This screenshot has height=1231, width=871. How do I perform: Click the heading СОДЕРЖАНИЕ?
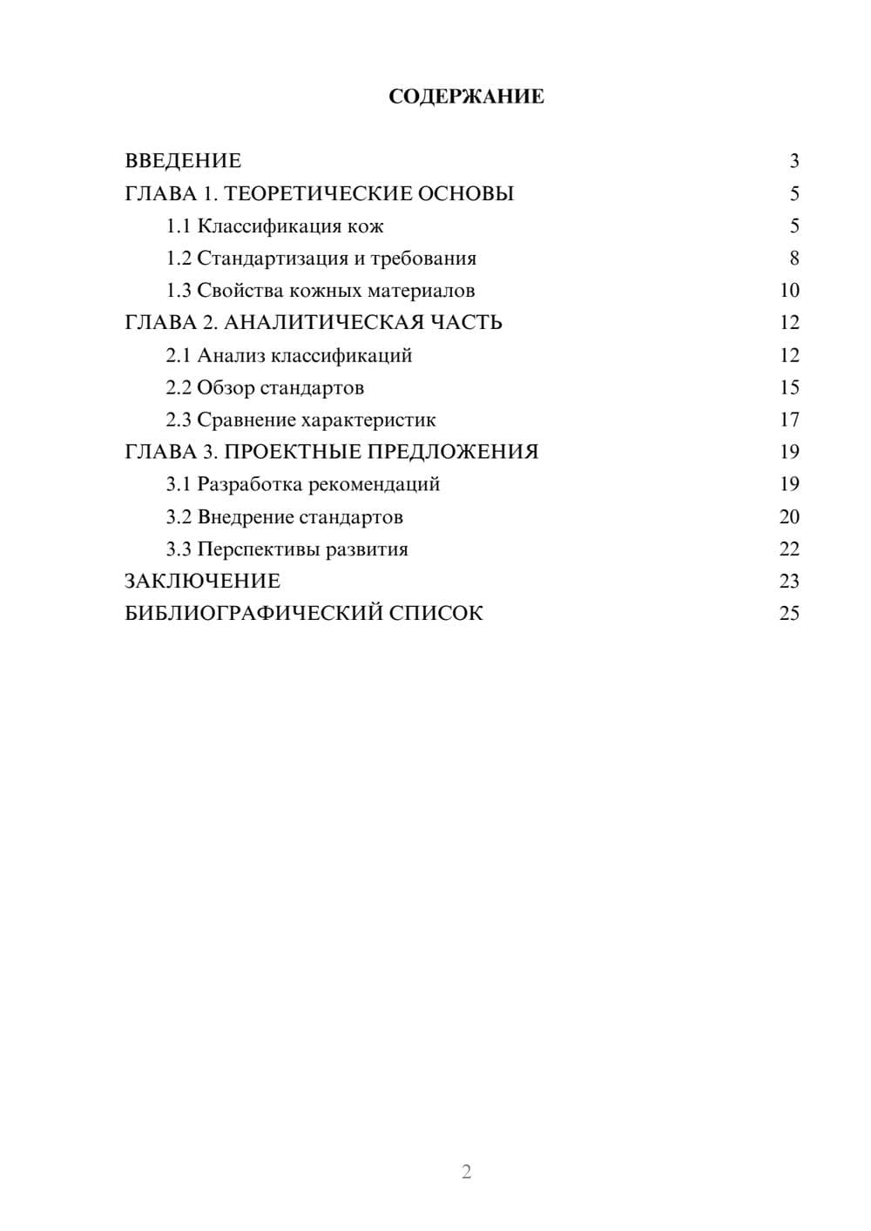[x=466, y=97]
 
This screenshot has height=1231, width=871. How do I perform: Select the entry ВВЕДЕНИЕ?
[x=183, y=161]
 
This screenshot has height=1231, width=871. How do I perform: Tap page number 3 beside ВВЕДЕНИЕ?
[x=793, y=161]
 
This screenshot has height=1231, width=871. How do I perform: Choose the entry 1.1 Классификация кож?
[x=274, y=226]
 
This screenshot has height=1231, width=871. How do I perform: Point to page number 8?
[x=793, y=259]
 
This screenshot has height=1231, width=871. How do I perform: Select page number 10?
[x=789, y=291]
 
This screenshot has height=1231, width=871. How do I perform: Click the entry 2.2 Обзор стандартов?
[x=265, y=387]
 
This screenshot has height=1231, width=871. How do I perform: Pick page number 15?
[x=789, y=387]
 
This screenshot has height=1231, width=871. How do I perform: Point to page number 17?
[x=789, y=420]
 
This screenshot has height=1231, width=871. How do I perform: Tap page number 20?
[x=789, y=517]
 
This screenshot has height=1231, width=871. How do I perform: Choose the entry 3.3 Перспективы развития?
[x=287, y=549]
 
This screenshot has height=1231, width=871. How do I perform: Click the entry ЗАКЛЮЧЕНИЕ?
[x=202, y=582]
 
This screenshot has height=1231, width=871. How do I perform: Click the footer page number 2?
[x=466, y=1172]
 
